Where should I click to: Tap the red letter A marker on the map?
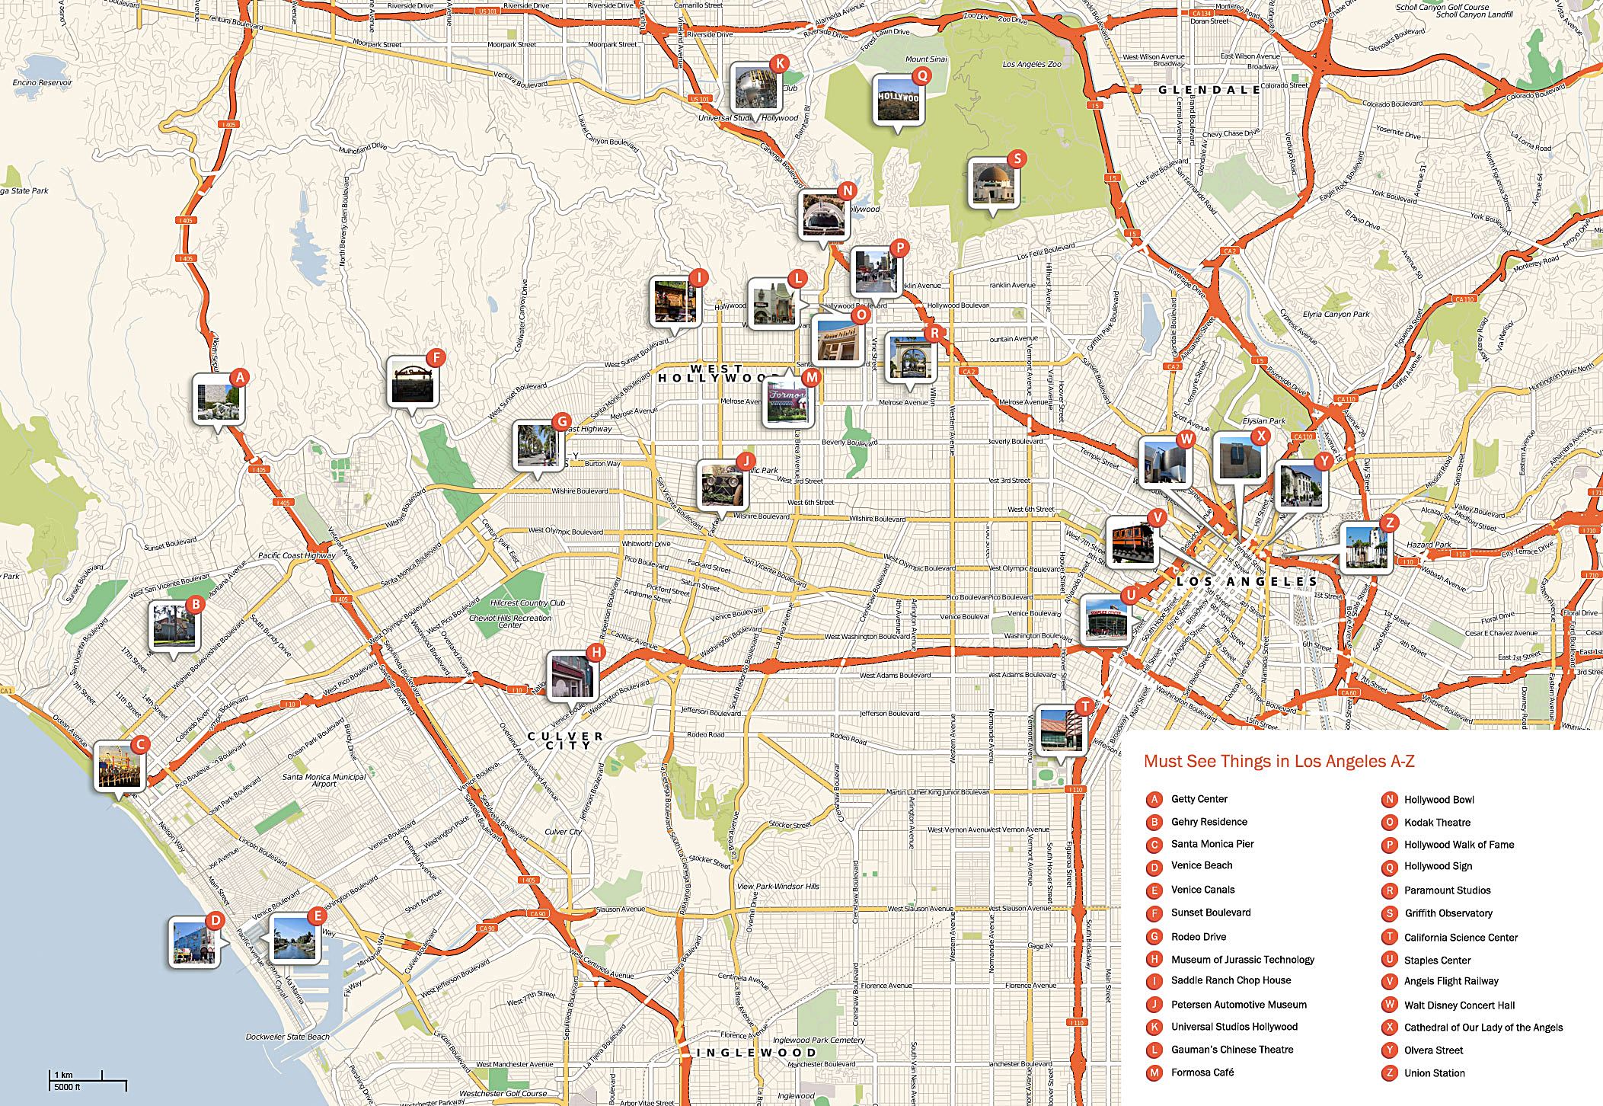(240, 377)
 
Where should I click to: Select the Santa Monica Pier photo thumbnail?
(120, 766)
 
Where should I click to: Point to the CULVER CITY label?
(567, 740)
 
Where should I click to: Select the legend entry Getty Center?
(1199, 799)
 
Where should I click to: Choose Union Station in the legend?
(1434, 1072)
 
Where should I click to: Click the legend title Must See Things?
(1279, 761)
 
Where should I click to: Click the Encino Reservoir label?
(43, 82)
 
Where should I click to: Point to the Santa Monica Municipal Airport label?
(324, 780)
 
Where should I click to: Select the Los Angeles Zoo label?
(1031, 65)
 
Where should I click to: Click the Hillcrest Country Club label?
(528, 603)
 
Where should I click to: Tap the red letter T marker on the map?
(1084, 707)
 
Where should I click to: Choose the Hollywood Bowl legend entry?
(1439, 799)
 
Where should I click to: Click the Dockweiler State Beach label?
(288, 1036)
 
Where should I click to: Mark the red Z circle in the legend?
(1389, 1072)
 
